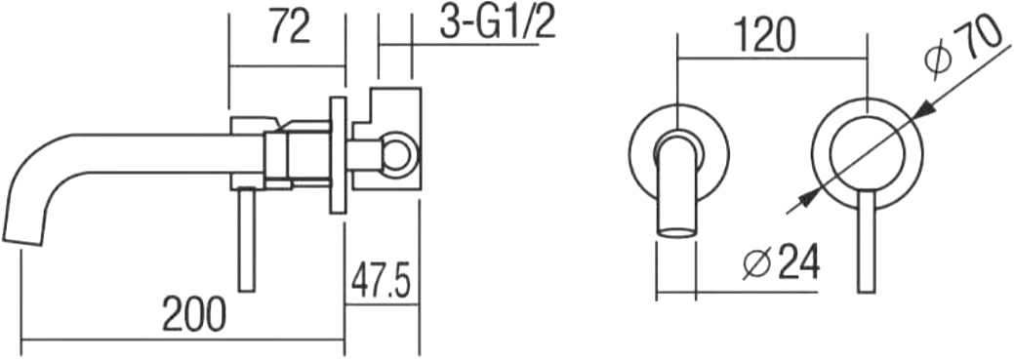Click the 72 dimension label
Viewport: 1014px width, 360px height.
coord(290,27)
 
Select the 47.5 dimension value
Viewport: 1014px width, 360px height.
coord(382,280)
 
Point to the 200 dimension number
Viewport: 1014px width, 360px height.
coord(194,313)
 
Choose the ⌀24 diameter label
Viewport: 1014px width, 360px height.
coord(781,261)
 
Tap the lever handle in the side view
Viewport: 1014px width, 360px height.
coord(246,240)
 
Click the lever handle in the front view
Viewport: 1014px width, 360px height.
coord(867,242)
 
